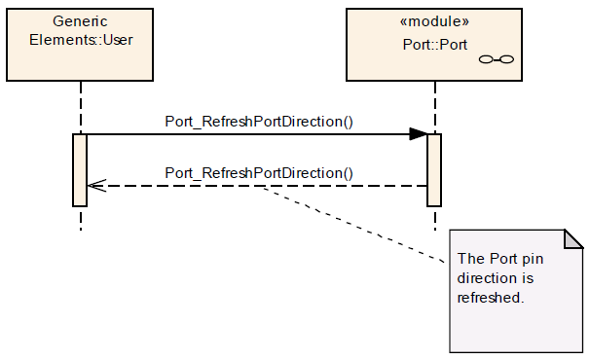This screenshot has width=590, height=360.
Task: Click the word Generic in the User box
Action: click(x=80, y=21)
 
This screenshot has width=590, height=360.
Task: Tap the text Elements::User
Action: click(x=81, y=40)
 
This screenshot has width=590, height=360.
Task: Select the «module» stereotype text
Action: click(x=434, y=21)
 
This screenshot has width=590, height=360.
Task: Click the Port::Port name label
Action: click(x=434, y=45)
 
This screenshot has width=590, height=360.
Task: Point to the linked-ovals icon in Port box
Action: click(x=496, y=59)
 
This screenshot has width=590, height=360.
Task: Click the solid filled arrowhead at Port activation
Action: click(x=419, y=134)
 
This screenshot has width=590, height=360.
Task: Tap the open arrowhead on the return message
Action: click(x=96, y=186)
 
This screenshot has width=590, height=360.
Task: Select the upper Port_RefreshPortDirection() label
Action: click(x=259, y=122)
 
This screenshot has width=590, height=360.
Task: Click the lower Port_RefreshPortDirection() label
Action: click(x=259, y=173)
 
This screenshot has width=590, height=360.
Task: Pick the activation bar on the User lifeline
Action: click(x=80, y=170)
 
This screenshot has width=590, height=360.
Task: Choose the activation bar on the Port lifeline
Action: click(x=434, y=170)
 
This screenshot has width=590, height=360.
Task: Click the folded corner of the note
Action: click(x=573, y=239)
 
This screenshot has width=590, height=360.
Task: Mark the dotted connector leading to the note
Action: click(x=352, y=224)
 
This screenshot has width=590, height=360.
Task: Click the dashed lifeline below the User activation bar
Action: click(x=81, y=218)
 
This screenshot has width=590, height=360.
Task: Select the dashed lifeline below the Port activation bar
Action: click(x=435, y=218)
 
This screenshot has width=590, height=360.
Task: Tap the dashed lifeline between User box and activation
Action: click(x=81, y=107)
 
